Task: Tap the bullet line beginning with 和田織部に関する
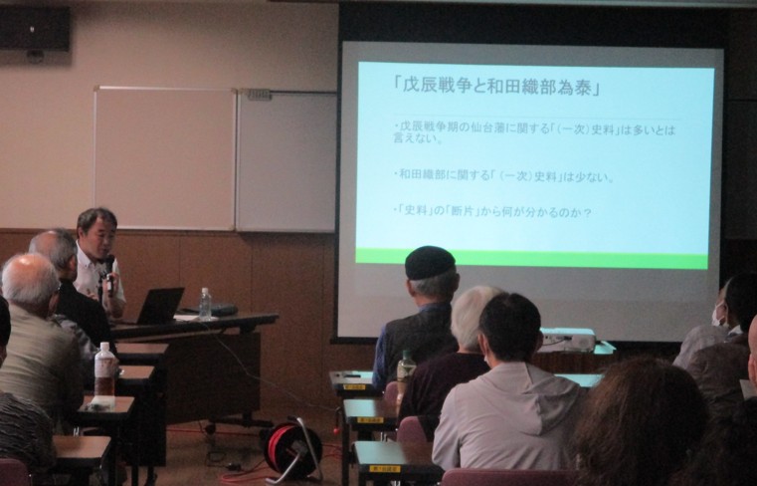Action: tap(504, 176)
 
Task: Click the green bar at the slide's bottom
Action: tap(531, 257)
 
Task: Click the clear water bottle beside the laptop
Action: tap(205, 303)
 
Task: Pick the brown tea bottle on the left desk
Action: tap(103, 369)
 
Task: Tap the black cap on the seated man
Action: tap(430, 263)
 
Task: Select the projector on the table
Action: tap(567, 339)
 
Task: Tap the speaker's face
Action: tap(97, 235)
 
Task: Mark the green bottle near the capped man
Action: tap(405, 367)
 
